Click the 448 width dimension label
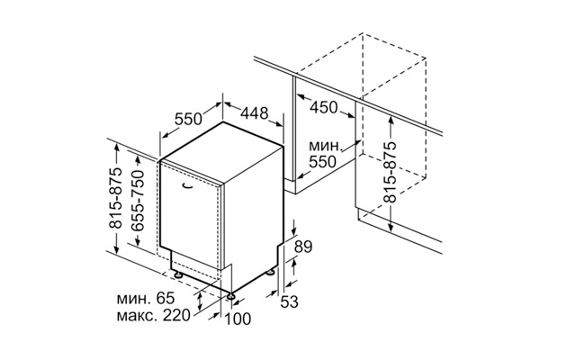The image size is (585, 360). [x=254, y=112]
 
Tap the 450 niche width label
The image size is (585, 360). [x=324, y=107]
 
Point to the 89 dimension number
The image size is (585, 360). [x=303, y=247]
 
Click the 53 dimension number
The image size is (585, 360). [x=290, y=301]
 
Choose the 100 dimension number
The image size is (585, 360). [x=238, y=319]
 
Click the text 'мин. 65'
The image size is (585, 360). [x=146, y=299]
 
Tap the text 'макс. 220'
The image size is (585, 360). [x=153, y=316]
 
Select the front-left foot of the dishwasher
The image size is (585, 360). [x=178, y=275]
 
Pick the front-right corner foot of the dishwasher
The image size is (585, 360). [x=232, y=296]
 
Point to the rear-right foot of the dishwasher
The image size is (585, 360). [x=269, y=273]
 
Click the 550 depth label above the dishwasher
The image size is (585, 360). [x=188, y=119]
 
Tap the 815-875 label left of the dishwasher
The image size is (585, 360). [x=116, y=198]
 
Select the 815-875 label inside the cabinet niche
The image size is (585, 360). [x=391, y=173]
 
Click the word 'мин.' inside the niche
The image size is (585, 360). [x=325, y=146]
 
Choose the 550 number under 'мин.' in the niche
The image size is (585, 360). [x=323, y=161]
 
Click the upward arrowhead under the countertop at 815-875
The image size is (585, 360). [x=391, y=120]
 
